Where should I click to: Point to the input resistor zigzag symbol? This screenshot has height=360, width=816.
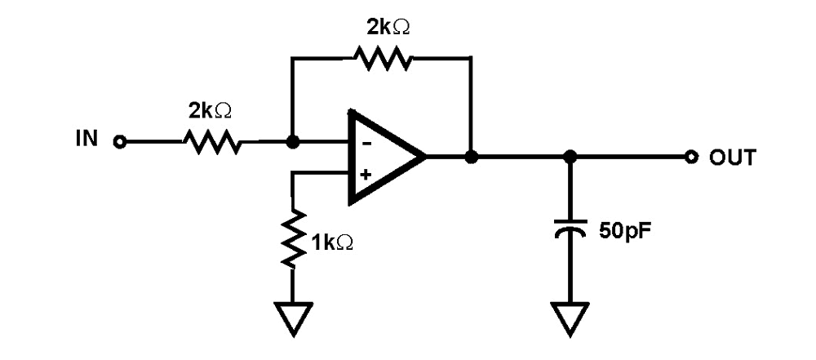[x=211, y=142]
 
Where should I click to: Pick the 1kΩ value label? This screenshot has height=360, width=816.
[x=332, y=242]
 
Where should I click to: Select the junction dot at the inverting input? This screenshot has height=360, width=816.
[x=292, y=142]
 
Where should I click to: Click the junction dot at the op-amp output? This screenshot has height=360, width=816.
[x=470, y=156]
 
